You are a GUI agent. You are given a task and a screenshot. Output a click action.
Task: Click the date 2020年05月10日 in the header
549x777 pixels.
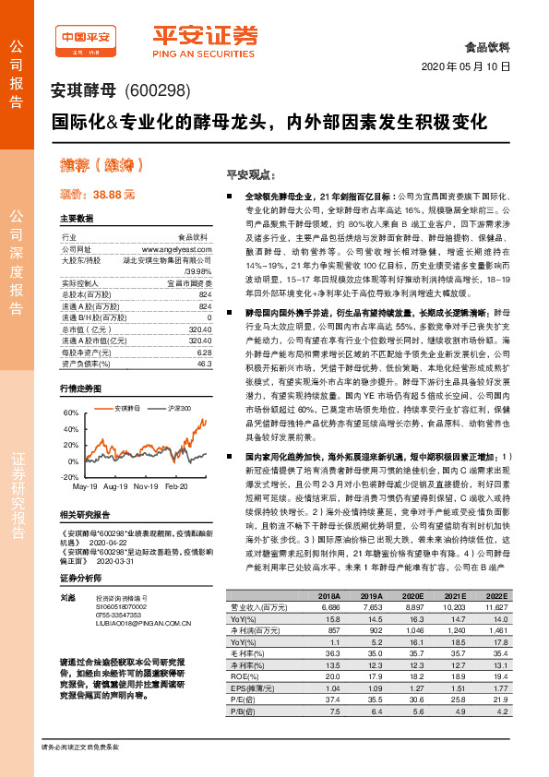coord(465,66)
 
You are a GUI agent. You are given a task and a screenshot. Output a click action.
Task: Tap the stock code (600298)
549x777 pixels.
coord(157,90)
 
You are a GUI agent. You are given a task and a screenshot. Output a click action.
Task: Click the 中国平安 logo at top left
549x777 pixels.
coord(85,37)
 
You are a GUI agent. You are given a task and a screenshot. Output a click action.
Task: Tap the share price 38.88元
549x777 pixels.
coord(98,196)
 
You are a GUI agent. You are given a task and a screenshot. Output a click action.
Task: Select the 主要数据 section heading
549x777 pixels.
coord(77,219)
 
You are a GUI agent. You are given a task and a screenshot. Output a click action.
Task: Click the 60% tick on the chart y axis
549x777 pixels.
coord(69,413)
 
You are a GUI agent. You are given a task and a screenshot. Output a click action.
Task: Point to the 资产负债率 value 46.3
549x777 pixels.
coord(204,339)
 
